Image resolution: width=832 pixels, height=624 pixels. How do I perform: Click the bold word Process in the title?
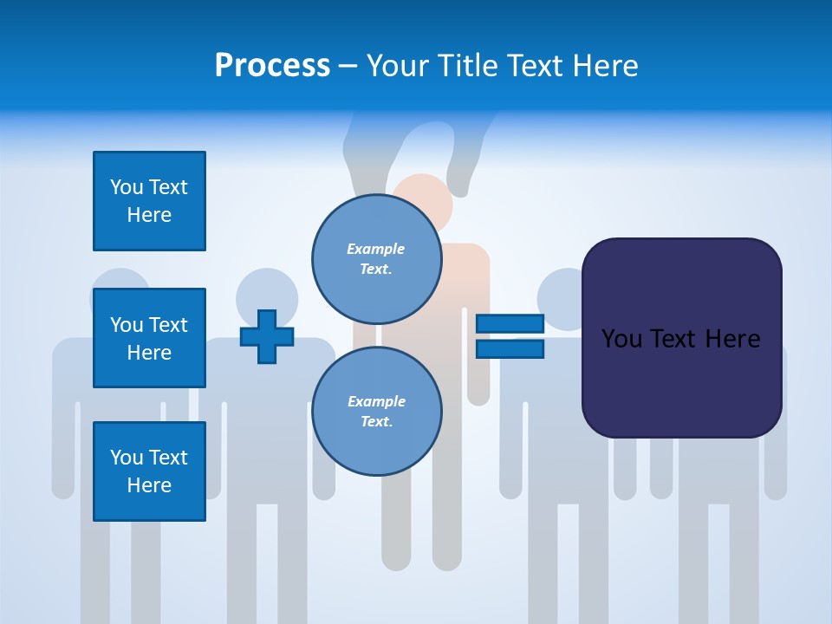point(272,66)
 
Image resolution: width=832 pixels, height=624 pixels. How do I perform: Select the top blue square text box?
point(149,201)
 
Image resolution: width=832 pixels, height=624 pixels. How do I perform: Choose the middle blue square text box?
point(149,338)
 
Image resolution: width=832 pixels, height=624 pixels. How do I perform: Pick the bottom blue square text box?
point(149,471)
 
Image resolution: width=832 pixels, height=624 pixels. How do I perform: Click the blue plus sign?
point(267,336)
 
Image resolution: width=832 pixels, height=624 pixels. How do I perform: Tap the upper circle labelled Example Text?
point(376,259)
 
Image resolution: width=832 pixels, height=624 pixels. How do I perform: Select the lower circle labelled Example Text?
point(376,412)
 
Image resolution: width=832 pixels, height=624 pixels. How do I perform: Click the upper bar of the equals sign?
point(510,324)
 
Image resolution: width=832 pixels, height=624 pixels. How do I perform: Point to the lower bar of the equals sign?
point(510,349)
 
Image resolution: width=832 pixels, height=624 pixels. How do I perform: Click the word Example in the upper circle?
point(376,249)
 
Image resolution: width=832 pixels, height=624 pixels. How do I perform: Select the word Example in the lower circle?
point(376,401)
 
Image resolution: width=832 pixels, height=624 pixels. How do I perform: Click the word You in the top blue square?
point(127,187)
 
